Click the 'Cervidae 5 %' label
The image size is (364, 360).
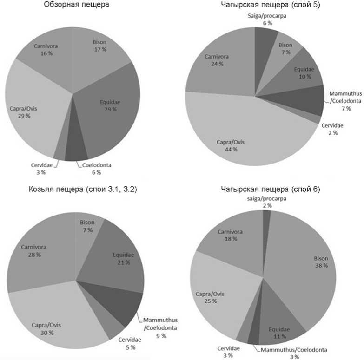[x=126, y=344]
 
